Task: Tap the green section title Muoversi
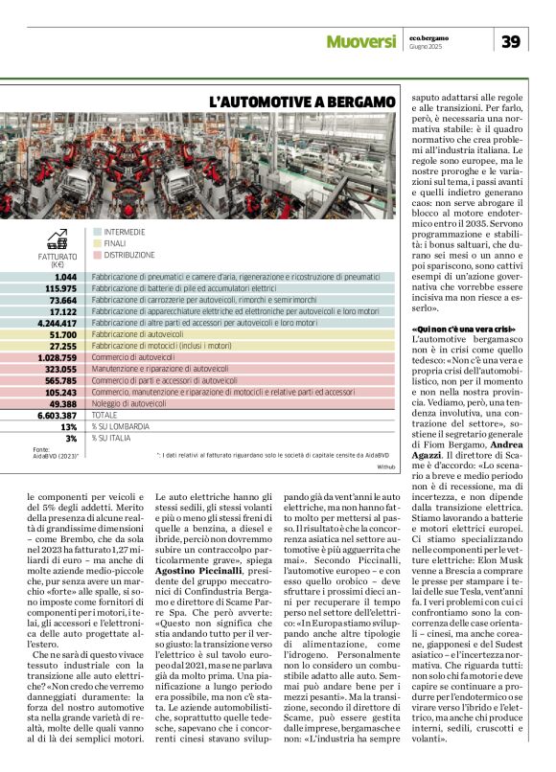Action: [360, 41]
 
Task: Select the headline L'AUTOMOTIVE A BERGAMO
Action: [303, 101]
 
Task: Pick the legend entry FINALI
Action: [114, 243]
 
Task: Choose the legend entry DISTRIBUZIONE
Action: [128, 255]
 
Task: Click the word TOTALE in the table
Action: [106, 417]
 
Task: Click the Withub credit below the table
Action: [386, 466]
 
